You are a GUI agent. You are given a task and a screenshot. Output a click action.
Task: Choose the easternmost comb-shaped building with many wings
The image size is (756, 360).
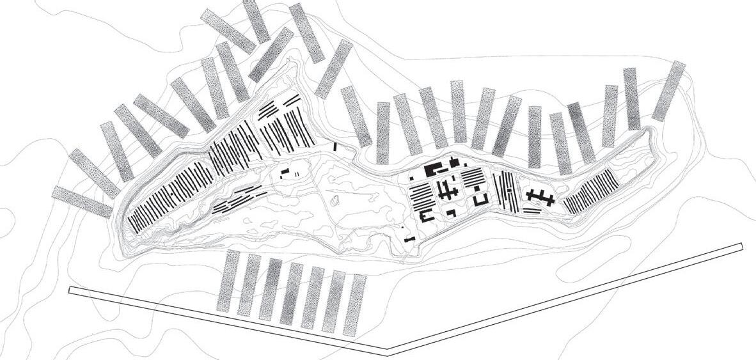point(540,197)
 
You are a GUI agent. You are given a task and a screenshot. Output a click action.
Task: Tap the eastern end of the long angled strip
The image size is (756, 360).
point(741,246)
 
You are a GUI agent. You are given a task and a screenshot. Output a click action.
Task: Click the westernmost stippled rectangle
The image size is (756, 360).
point(82,202)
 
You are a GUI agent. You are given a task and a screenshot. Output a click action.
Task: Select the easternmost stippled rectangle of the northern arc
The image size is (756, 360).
point(669,91)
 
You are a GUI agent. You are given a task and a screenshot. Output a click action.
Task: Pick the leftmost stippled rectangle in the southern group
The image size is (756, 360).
point(228,281)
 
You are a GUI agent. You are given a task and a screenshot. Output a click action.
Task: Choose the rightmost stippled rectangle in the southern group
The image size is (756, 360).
point(354,305)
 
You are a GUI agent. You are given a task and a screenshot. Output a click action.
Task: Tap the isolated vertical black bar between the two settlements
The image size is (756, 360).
point(336,147)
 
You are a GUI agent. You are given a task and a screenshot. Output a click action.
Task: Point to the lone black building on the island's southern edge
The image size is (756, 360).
point(410,240)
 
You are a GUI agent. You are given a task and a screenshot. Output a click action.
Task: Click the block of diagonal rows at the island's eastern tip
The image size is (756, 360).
point(591,191)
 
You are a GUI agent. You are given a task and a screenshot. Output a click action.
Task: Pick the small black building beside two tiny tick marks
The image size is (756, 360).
point(286,171)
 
